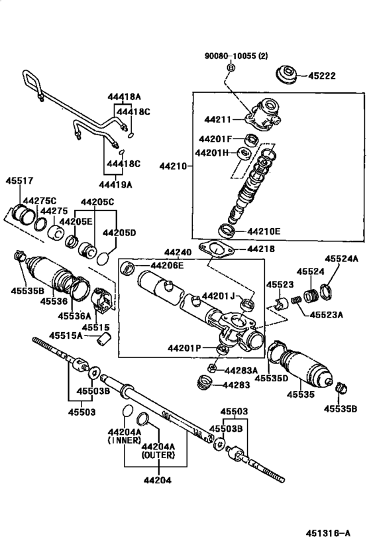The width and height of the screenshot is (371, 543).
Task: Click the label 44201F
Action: pos(213,139)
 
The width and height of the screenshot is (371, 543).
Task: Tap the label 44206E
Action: pos(166,266)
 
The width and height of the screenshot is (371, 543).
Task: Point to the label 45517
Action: pos(19,181)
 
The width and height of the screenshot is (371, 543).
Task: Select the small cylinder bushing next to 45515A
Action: pos(103,339)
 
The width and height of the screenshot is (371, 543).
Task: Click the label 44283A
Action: pos(241,371)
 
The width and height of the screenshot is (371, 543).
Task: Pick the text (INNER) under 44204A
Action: pos(125,440)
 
